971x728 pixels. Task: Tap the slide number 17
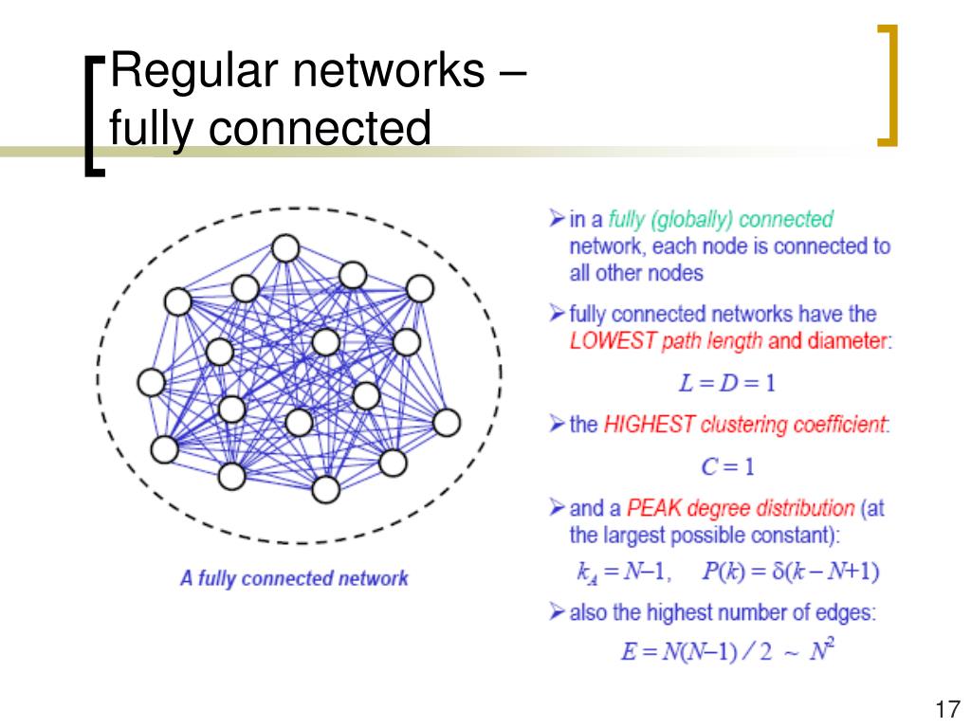click(945, 709)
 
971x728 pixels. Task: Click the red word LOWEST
click(613, 342)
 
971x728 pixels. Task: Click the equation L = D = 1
click(727, 383)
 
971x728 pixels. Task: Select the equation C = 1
click(727, 466)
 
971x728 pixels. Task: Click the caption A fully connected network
click(294, 577)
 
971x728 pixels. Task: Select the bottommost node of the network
click(325, 489)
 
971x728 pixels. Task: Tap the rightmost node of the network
click(445, 422)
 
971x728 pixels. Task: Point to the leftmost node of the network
click(151, 382)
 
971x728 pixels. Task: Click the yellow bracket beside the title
click(887, 87)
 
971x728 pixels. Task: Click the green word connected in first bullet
click(785, 220)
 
